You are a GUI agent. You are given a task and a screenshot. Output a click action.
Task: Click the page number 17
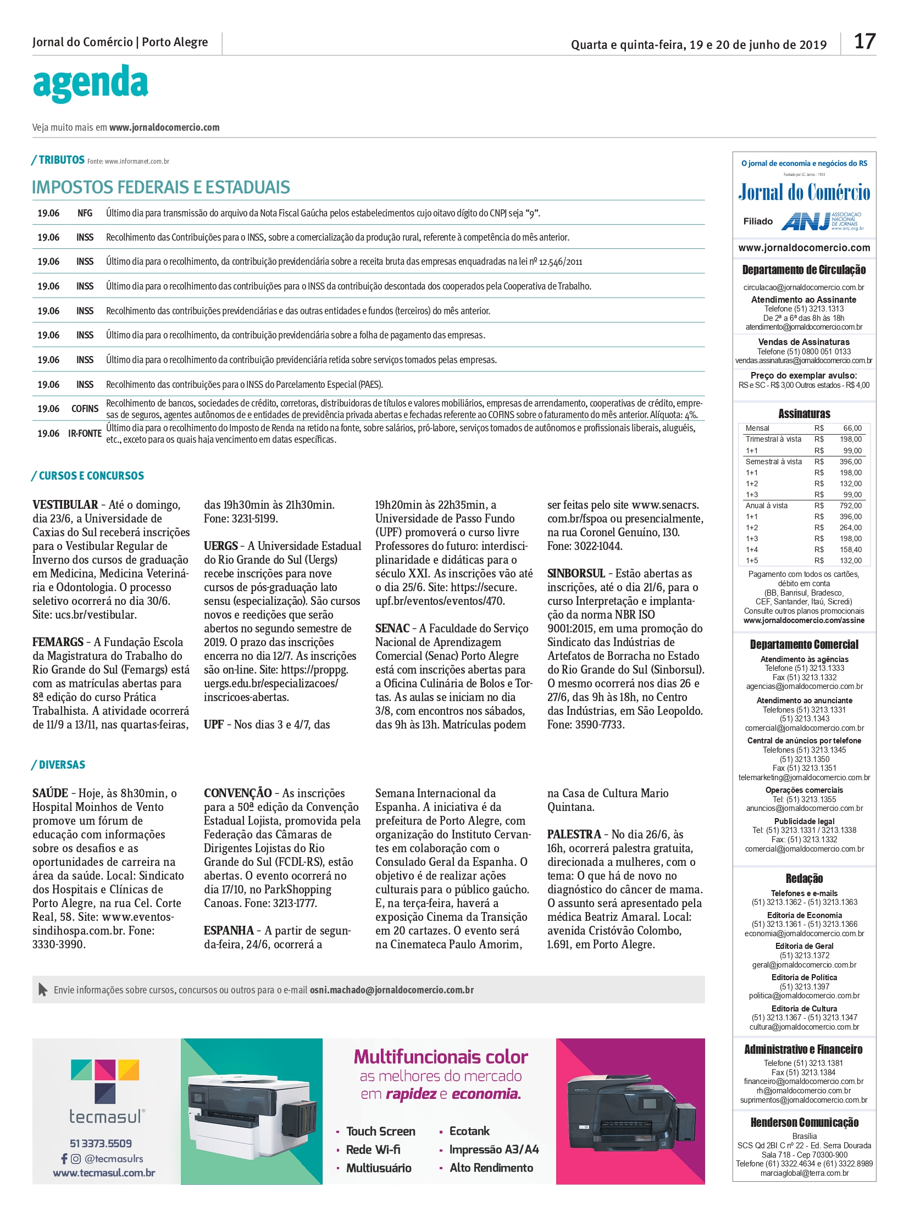point(864,42)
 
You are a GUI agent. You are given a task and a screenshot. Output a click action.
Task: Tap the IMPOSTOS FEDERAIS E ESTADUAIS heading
point(160,187)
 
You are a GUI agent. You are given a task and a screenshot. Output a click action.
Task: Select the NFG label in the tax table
point(85,214)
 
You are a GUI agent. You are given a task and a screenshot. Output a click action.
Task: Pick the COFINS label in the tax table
point(85,409)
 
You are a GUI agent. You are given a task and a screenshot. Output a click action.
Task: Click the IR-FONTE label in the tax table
point(85,434)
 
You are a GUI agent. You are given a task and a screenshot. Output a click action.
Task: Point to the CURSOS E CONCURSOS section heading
point(91,476)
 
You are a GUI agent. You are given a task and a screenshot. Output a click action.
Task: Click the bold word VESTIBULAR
point(65,505)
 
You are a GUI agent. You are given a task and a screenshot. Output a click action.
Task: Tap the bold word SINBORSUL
point(575,573)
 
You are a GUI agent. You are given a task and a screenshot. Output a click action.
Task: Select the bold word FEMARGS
point(58,642)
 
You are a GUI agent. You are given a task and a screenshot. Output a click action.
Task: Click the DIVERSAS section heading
point(62,765)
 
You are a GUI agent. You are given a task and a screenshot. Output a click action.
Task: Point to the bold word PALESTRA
point(574,835)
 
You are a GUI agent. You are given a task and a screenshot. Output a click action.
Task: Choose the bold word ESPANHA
point(229,931)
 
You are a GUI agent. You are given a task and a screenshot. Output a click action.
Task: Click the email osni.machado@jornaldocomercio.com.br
point(391,990)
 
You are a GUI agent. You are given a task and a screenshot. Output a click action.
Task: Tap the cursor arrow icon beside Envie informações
point(42,990)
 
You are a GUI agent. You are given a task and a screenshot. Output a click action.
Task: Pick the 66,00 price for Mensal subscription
point(852,428)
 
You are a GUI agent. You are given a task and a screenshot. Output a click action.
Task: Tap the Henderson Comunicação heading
point(804,1122)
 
